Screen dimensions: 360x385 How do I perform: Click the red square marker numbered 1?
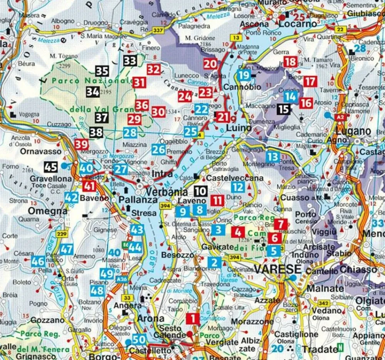(192, 318)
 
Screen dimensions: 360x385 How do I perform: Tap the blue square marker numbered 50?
(139, 340)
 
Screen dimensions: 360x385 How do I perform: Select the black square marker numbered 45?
(51, 167)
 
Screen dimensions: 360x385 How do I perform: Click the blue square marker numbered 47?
(66, 249)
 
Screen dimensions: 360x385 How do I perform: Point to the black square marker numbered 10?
(201, 191)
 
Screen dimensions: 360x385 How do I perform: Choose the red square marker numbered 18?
(291, 62)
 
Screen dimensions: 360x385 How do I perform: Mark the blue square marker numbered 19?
(244, 75)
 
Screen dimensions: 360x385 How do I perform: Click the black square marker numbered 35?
(102, 71)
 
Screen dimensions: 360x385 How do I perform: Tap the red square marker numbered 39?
(82, 145)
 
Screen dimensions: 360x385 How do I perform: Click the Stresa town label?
(144, 213)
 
